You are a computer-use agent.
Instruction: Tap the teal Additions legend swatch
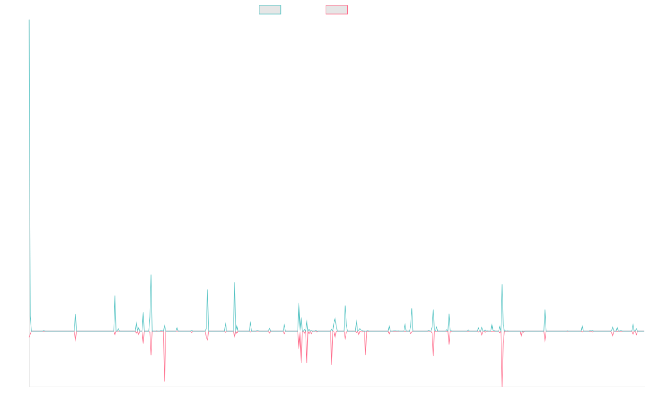click(270, 10)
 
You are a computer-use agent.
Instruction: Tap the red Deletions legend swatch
click(337, 10)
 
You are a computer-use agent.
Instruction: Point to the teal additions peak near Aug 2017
click(151, 275)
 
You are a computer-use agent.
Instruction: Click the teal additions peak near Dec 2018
click(234, 282)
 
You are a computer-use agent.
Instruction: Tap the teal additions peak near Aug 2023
click(501, 285)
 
